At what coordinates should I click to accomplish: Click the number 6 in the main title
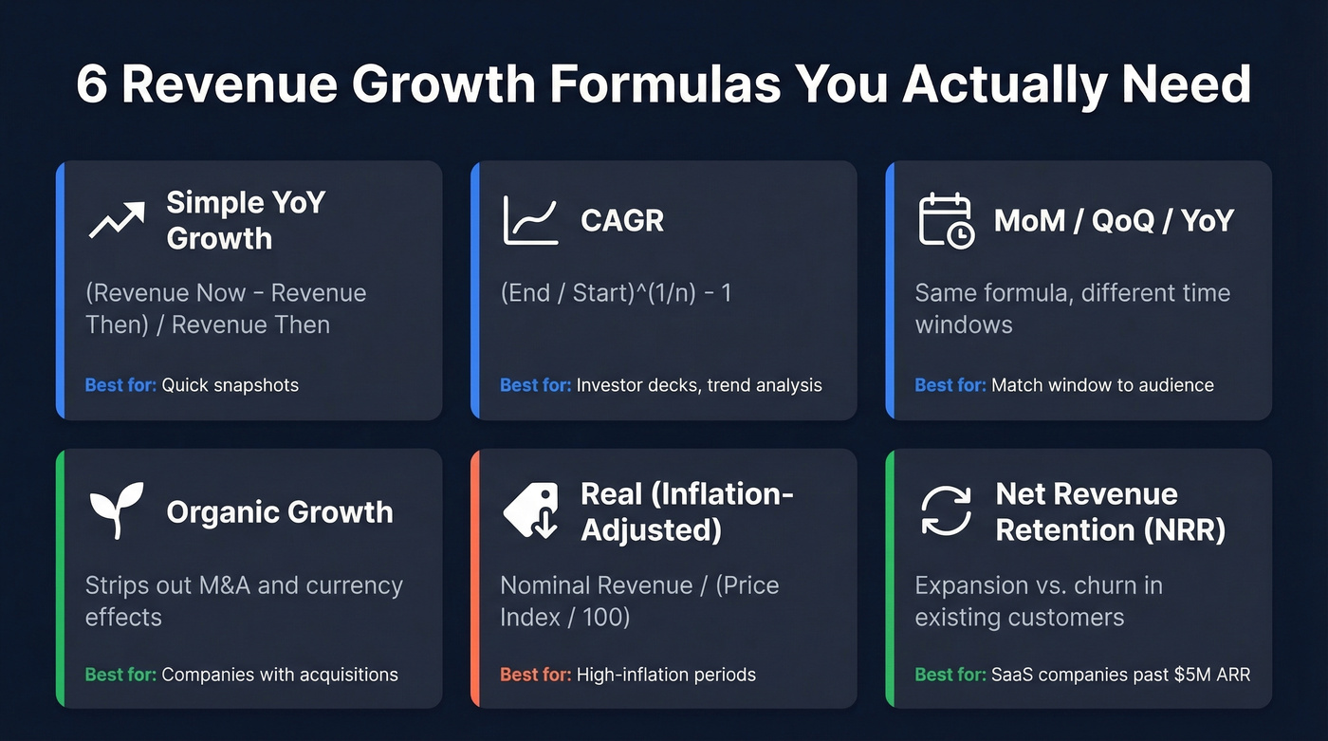92,85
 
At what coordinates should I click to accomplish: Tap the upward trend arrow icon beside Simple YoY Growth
117,219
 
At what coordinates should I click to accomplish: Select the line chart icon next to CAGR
531,220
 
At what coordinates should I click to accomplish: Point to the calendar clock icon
946,220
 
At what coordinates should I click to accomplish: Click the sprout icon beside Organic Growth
117,510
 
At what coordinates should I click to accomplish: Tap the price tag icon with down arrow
531,510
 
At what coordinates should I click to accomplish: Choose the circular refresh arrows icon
946,510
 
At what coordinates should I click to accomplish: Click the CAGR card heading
622,220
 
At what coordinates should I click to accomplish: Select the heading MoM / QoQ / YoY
1114,220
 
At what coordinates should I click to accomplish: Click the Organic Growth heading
279,511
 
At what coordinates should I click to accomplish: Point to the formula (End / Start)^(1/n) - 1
616,293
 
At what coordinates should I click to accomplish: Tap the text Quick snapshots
230,385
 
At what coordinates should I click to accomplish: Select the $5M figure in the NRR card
1183,676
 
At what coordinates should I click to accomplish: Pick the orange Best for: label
535,676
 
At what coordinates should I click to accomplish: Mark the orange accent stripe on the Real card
475,578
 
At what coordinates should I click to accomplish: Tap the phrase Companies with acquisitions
280,676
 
